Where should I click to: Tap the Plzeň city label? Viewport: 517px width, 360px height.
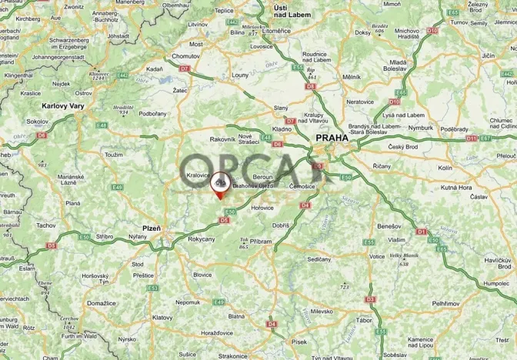pos(152,228)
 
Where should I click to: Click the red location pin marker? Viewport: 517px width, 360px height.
pos(220,185)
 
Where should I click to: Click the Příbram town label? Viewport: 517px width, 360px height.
pos(262,242)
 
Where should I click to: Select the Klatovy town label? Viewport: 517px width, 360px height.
pos(163,317)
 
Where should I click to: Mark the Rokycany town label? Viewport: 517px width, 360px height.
pos(202,239)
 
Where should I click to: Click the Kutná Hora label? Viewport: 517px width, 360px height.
pos(455,187)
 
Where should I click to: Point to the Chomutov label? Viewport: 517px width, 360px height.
pos(185,56)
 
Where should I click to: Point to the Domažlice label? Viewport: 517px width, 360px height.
pos(101,304)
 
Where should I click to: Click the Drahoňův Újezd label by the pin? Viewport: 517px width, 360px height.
pos(254,185)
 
